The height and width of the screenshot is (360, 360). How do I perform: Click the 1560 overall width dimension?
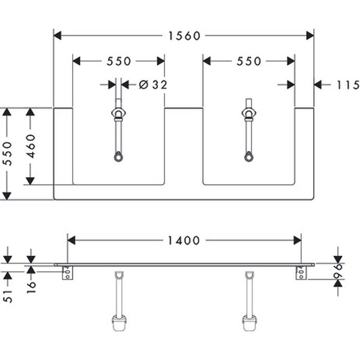pyautogui.click(x=183, y=35)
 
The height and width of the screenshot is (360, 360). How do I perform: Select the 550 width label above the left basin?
pyautogui.click(x=119, y=61)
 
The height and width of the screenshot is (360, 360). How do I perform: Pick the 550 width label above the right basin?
pyautogui.click(x=249, y=61)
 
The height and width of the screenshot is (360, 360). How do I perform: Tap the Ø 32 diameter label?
pyautogui.click(x=152, y=85)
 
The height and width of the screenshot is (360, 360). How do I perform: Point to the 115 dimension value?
pyautogui.click(x=348, y=85)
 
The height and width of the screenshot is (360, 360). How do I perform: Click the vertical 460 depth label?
pyautogui.click(x=30, y=146)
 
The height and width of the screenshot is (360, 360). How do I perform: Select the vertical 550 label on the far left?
pyautogui.click(x=7, y=154)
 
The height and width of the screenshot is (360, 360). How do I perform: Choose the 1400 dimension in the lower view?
pyautogui.click(x=183, y=240)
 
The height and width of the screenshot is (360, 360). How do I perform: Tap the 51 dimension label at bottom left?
pyautogui.click(x=7, y=295)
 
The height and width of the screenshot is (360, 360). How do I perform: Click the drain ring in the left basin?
pyautogui.click(x=119, y=157)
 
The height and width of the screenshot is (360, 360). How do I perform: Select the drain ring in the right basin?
pyautogui.click(x=249, y=157)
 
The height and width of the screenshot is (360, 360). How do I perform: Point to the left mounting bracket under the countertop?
pyautogui.click(x=67, y=274)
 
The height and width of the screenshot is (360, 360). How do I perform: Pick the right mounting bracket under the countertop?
pyautogui.click(x=300, y=274)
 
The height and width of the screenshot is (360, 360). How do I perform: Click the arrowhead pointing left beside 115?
pyautogui.click(x=319, y=85)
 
